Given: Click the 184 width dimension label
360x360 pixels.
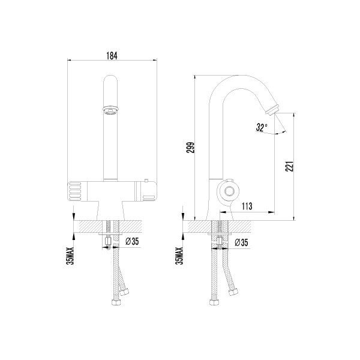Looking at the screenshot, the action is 112,56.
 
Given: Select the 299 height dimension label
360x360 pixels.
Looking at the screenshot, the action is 190,148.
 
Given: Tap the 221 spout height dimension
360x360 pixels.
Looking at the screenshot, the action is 290,166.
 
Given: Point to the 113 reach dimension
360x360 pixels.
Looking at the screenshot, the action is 247,206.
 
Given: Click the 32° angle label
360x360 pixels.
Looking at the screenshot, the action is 262,127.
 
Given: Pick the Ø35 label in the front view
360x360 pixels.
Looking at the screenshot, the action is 132,241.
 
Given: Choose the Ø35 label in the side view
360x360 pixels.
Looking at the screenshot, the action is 241,242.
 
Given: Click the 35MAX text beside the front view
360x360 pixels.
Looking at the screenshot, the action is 70,256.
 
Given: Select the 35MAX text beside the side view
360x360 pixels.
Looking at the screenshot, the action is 179,256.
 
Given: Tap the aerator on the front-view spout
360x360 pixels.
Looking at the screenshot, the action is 110,110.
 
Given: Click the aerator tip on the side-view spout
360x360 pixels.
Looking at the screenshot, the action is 272,109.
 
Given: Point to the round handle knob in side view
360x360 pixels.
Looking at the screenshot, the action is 228,191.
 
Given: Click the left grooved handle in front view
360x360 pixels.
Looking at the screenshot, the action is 74,191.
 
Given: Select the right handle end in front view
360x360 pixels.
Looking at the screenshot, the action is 149,191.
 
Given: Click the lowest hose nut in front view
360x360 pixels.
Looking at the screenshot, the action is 116,302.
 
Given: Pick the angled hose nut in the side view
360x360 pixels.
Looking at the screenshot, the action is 233,292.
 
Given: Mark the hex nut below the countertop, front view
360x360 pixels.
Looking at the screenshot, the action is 108,242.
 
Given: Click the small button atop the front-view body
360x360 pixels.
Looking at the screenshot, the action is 146,180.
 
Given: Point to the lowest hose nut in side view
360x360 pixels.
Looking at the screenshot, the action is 214,302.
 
